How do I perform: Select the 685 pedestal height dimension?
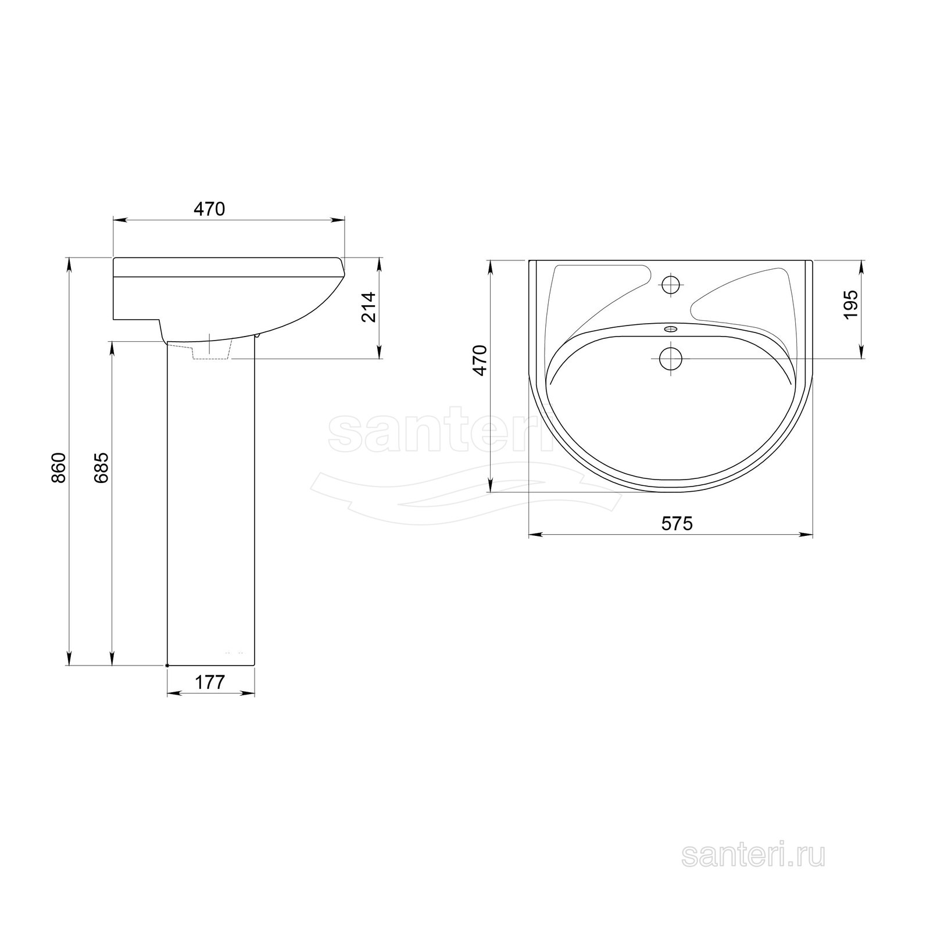pyautogui.click(x=101, y=467)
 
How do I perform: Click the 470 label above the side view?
pyautogui.click(x=209, y=209)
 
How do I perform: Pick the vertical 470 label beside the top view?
pyautogui.click(x=480, y=360)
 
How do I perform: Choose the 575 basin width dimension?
pyautogui.click(x=677, y=523)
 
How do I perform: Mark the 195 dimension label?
pyautogui.click(x=850, y=303)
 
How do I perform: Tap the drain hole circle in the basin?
pyautogui.click(x=671, y=358)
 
